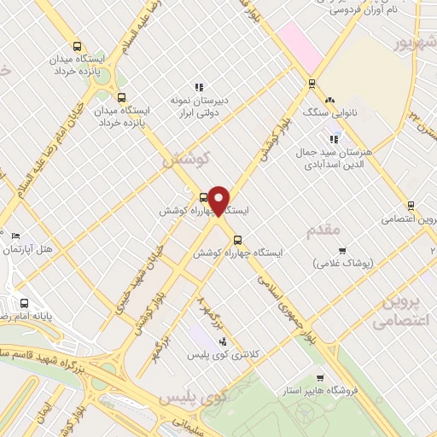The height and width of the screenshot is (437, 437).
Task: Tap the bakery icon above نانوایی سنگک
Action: point(329,99)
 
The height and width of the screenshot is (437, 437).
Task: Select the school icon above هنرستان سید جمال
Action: point(334,138)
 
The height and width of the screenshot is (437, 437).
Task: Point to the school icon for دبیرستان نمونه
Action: point(199,86)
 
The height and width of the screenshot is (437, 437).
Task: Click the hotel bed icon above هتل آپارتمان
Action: point(16,236)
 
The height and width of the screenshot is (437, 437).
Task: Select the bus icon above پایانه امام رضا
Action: point(24,303)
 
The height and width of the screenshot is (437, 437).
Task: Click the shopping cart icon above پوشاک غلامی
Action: point(342,250)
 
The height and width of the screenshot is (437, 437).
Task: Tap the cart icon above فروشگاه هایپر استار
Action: point(320,377)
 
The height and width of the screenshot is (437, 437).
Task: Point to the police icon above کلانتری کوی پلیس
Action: point(224,341)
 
